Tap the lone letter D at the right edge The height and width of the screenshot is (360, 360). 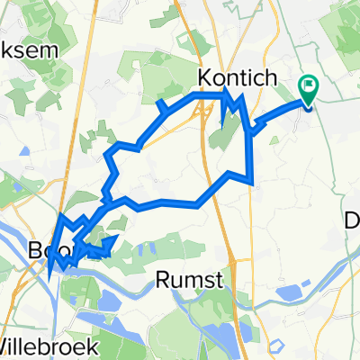(353, 219)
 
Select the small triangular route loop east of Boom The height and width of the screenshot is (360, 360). (107, 244)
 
